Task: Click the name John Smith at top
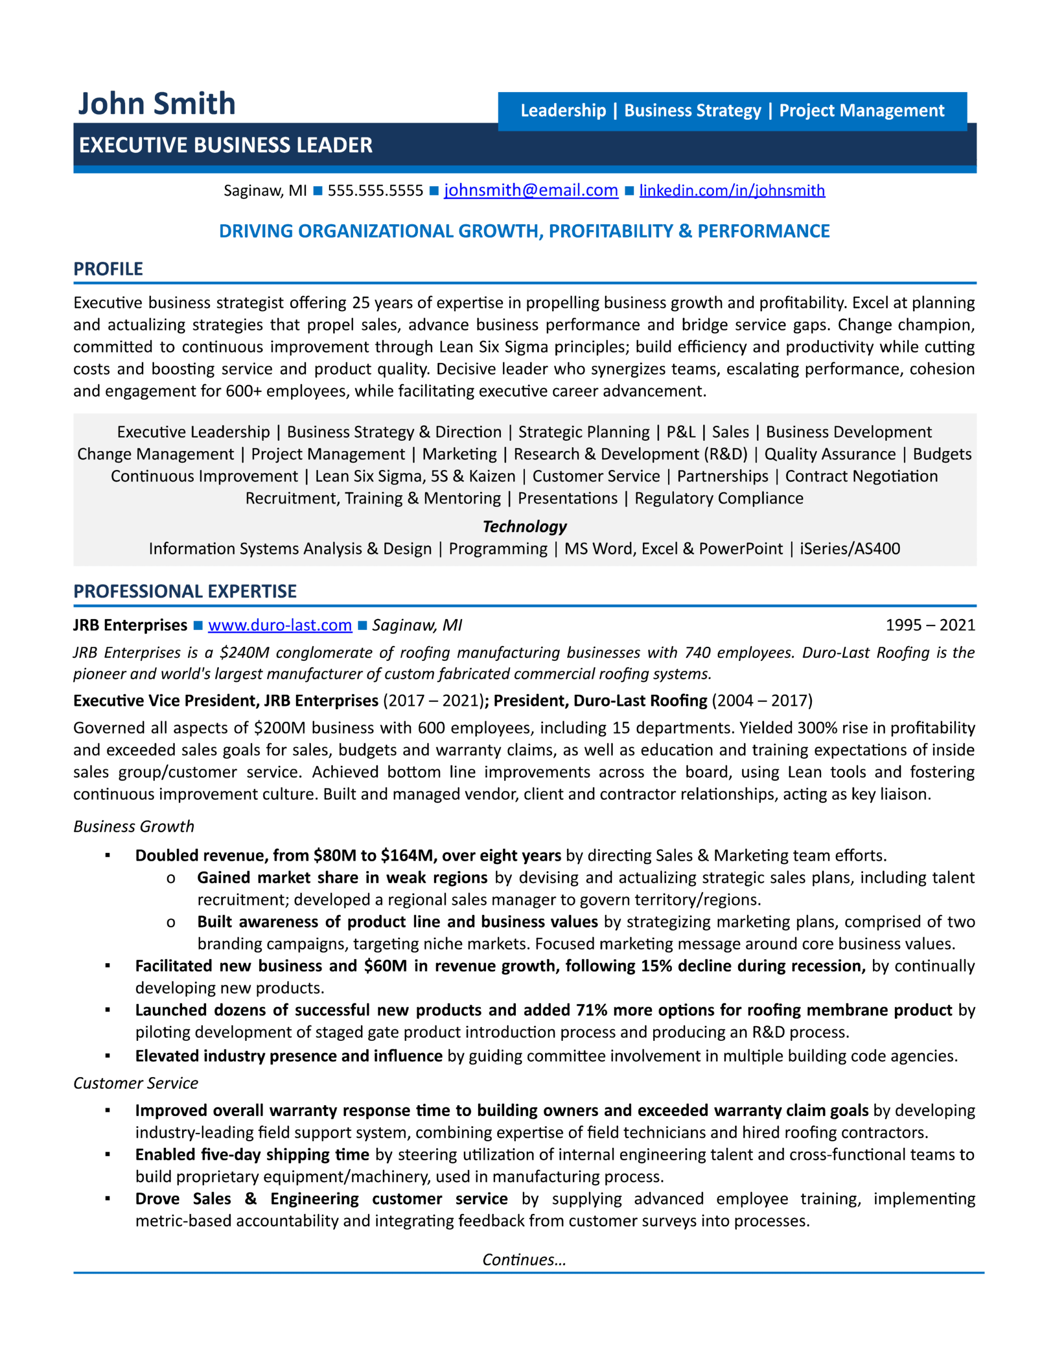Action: [157, 104]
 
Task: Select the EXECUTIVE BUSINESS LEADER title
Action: [225, 145]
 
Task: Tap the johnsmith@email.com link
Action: [531, 191]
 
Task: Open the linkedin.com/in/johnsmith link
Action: [731, 191]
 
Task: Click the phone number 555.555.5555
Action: [375, 191]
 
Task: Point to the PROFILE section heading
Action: [108, 269]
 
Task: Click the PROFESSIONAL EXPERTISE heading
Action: [185, 591]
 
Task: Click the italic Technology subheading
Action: [524, 526]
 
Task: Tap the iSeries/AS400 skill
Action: [850, 548]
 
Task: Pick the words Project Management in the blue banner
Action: [861, 110]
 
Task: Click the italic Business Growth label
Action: [134, 826]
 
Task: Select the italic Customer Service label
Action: [135, 1083]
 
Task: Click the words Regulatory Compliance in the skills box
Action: [719, 498]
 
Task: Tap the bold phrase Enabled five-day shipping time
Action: [252, 1154]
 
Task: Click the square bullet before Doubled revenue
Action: [108, 856]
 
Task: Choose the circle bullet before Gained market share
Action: [170, 878]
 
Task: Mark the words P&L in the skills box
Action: [680, 432]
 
